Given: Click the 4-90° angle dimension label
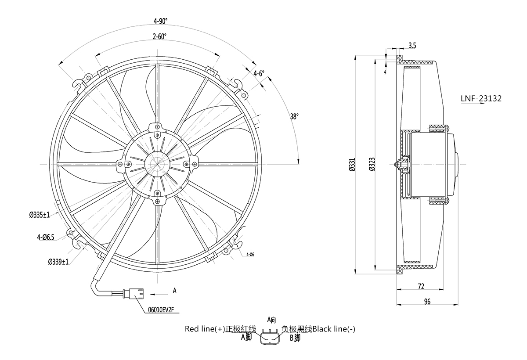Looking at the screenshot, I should coord(160,21).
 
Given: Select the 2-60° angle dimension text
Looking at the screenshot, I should coord(159,37).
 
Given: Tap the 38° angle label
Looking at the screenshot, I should coord(294,116).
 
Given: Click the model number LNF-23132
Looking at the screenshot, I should coord(481,99).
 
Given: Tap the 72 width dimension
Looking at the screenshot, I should coord(421,287).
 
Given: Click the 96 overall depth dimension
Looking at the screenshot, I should coord(427,301).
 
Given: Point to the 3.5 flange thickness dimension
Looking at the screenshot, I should coord(412,45).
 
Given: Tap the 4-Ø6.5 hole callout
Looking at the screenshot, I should coord(46,238).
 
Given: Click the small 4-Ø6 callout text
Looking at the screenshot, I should coord(250,254).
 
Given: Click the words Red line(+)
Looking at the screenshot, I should coord(205,329).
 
